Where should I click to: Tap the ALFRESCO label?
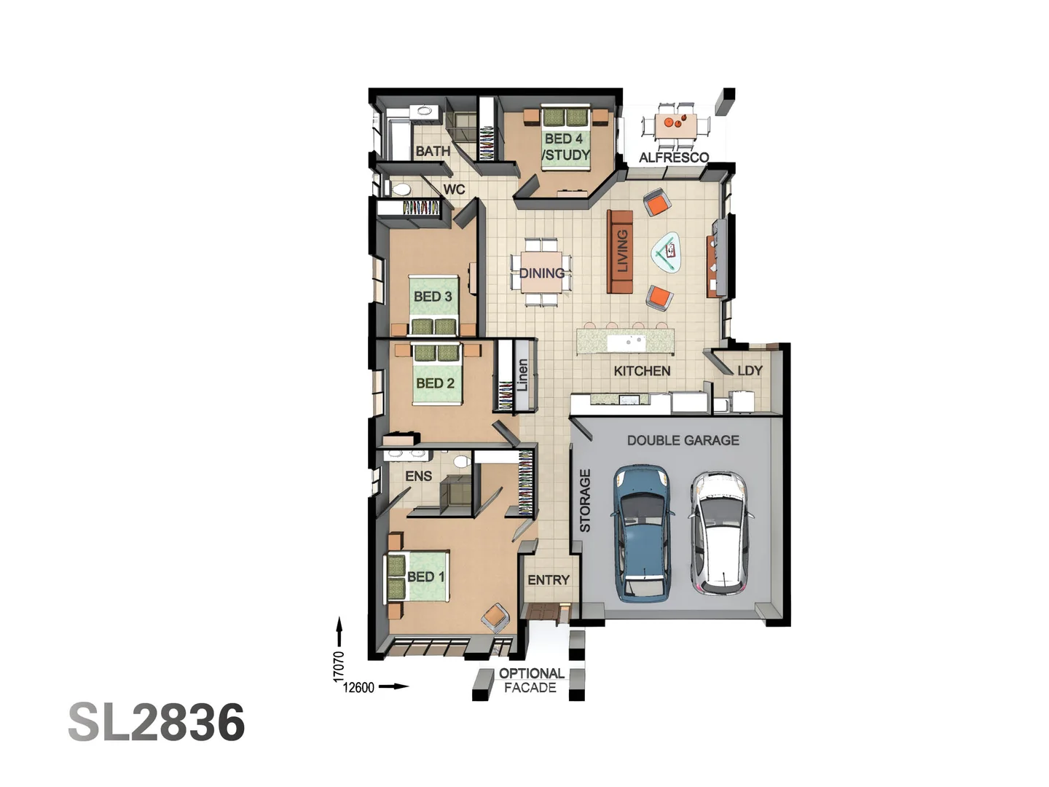point(674,157)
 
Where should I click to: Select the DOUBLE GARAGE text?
point(683,440)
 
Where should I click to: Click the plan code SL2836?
point(157,722)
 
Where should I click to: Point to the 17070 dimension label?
point(339,666)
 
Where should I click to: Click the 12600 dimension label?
point(358,687)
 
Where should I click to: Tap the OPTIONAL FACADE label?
point(530,681)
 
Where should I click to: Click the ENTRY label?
point(548,580)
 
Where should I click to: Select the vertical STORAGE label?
point(585,500)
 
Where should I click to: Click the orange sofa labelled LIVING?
point(621,251)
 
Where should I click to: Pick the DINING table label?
point(541,273)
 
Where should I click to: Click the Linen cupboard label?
point(522,375)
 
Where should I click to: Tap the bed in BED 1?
point(417,576)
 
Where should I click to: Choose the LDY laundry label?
point(750,371)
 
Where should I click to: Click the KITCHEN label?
point(642,371)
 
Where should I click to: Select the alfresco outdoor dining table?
point(675,125)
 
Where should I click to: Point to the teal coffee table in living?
point(667,251)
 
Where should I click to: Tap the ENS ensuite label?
point(418,477)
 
